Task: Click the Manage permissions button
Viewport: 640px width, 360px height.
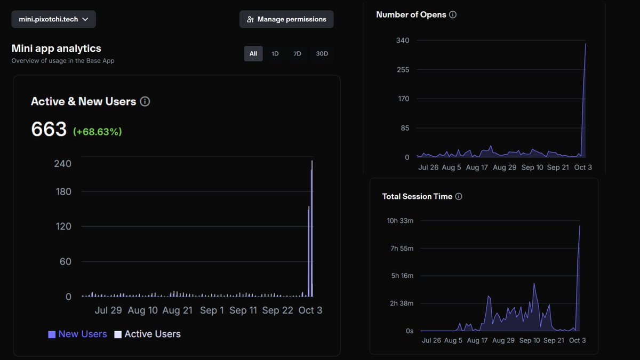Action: tap(286, 19)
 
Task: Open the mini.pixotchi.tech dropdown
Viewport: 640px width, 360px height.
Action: tap(54, 19)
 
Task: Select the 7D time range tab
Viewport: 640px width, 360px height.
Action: tap(297, 53)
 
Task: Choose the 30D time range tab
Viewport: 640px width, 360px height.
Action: tap(322, 53)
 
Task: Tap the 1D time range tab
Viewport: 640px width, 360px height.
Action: tap(275, 53)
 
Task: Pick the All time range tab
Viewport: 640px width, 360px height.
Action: tap(253, 53)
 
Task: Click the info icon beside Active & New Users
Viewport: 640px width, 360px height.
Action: tap(145, 101)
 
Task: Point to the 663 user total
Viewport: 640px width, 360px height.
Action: tap(49, 129)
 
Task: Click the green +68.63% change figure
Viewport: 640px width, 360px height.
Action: tap(98, 131)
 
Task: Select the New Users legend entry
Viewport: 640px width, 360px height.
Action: tap(78, 334)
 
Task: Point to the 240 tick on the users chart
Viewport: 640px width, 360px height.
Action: tap(63, 163)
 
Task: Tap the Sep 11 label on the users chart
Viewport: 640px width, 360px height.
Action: tap(243, 310)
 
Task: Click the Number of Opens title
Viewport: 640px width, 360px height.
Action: tap(411, 15)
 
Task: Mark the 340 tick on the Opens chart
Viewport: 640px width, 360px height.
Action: tap(403, 41)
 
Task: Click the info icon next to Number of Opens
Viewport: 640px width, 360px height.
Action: tap(453, 15)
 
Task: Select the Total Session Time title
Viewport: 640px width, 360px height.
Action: tap(417, 196)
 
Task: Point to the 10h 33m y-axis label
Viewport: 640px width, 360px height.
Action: tap(400, 221)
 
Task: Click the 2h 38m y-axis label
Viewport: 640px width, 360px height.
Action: tap(400, 303)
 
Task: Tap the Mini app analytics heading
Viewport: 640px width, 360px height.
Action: tap(56, 49)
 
